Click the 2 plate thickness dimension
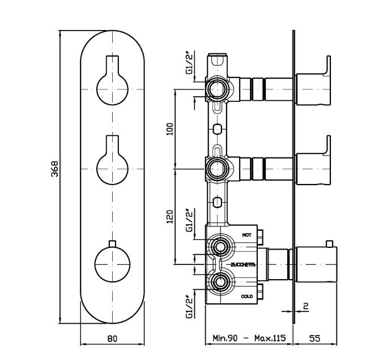[x=305, y=306]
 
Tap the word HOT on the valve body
[x=246, y=234]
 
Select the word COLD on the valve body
[x=246, y=296]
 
